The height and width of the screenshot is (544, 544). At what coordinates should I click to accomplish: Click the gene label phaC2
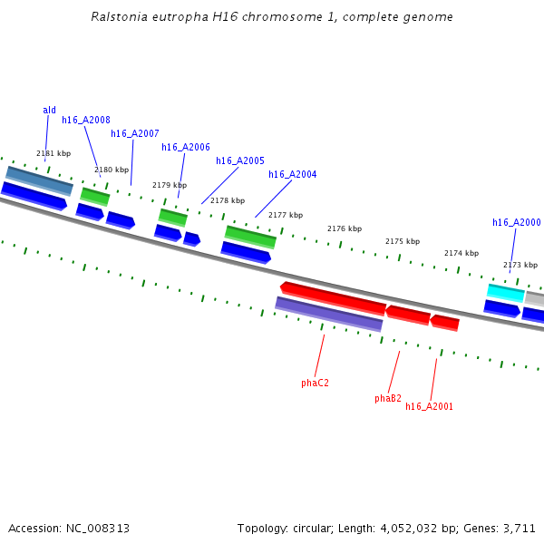[x=315, y=383]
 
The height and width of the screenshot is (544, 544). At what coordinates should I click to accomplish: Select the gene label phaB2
[x=388, y=398]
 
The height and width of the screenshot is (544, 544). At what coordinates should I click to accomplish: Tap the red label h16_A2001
[x=429, y=406]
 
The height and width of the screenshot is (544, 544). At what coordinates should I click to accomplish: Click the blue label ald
[x=49, y=111]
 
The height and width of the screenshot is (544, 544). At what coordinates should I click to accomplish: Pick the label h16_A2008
[x=86, y=120]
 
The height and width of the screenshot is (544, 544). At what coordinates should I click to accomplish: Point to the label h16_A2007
[x=135, y=133]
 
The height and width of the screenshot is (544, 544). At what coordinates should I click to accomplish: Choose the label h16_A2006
[x=186, y=147]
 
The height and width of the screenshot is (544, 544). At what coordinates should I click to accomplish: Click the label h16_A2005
[x=240, y=160]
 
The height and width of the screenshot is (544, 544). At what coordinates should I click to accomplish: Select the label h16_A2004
[x=293, y=174]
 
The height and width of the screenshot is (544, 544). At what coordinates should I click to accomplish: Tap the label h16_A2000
[x=517, y=222]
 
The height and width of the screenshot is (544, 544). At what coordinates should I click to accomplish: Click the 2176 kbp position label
[x=345, y=228]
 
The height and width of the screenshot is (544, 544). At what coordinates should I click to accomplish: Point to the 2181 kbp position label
[x=53, y=153]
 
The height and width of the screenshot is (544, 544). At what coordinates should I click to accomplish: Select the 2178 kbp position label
[x=228, y=200]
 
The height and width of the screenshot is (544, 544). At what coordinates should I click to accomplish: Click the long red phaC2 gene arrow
[x=333, y=297]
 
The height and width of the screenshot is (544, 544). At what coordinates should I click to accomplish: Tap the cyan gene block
[x=506, y=292]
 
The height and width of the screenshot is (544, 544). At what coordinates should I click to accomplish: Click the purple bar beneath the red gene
[x=329, y=314]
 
